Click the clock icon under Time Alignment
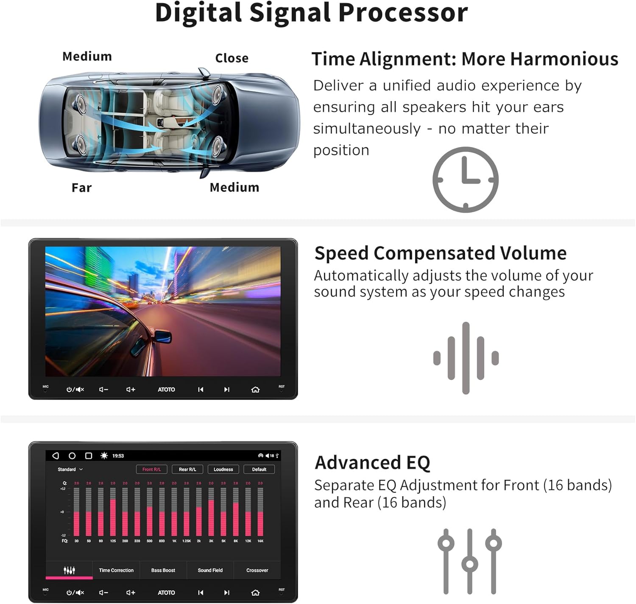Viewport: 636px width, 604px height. point(465,180)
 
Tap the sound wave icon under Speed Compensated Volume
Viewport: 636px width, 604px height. point(466,358)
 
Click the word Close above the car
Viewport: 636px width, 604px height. point(232,58)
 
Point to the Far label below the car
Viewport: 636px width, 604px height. point(81,188)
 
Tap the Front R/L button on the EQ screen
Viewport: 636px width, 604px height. point(151,469)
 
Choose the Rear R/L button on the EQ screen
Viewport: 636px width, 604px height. point(187,469)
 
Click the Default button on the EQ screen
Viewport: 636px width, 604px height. point(259,469)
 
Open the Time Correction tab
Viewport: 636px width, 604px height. point(116,570)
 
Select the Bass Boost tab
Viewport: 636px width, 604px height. point(163,570)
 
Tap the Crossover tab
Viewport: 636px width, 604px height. point(257,570)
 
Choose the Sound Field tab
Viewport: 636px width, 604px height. point(210,570)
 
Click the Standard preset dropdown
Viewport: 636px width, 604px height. point(70,469)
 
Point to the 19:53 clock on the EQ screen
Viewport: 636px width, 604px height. point(118,456)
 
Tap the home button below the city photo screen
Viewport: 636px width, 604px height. point(255,390)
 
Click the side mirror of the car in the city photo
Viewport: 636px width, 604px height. point(162,337)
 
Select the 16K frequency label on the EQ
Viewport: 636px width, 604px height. point(260,541)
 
